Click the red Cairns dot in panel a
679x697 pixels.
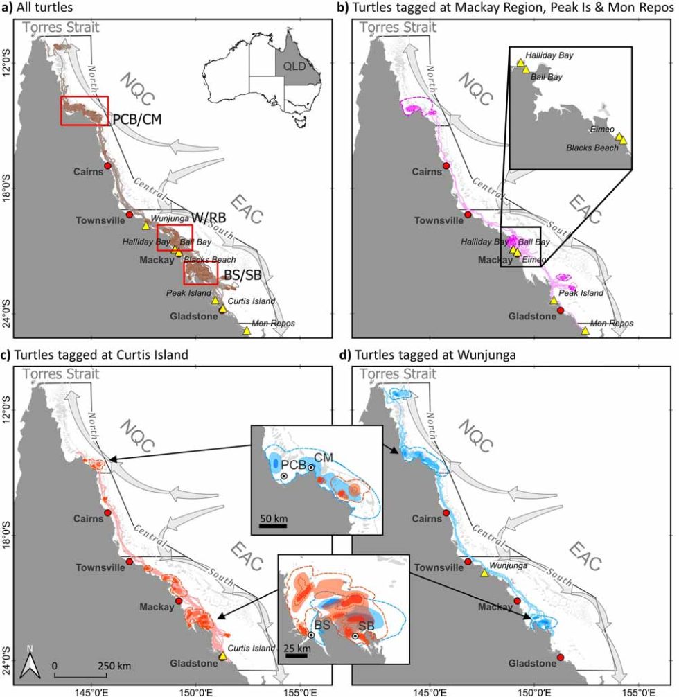107,166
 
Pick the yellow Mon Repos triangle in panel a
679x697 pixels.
247,330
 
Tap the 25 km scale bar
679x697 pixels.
296,654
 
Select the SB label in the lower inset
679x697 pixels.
366,626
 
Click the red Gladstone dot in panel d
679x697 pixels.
561,657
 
